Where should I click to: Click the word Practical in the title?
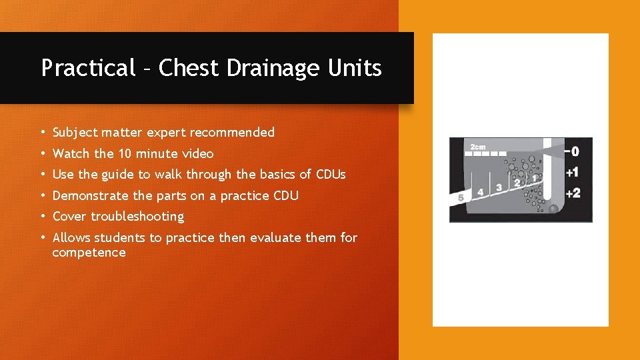(x=88, y=68)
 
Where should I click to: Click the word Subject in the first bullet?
(x=75, y=133)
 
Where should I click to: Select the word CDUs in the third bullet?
(x=331, y=175)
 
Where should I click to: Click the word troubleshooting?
(x=137, y=217)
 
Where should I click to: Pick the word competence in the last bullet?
(x=89, y=253)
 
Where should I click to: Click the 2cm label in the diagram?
(x=478, y=146)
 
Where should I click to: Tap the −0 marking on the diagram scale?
(x=571, y=152)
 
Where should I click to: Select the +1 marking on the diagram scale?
(x=571, y=173)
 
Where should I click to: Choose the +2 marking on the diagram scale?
(x=571, y=193)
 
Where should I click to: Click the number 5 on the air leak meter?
(x=461, y=198)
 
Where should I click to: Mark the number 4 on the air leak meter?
(x=480, y=193)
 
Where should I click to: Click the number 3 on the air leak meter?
(x=499, y=188)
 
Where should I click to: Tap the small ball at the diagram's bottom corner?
(x=553, y=210)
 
